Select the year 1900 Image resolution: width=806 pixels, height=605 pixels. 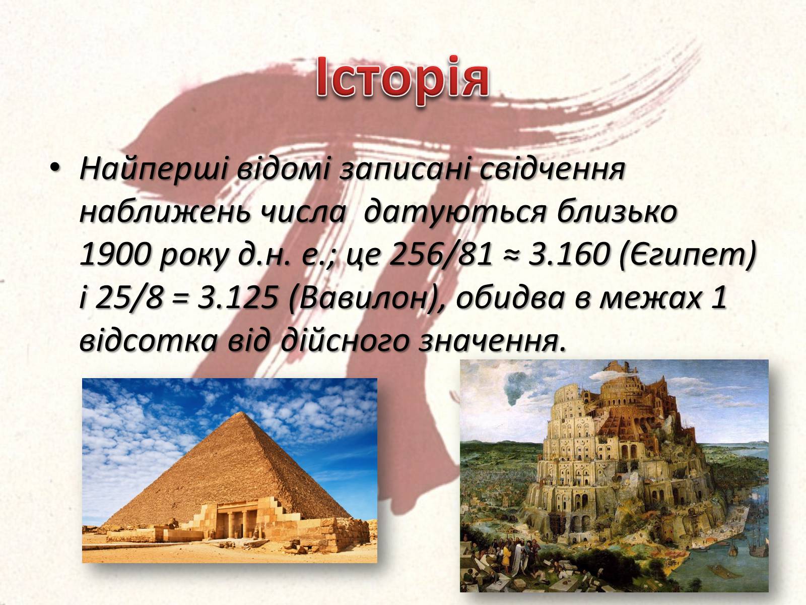coord(114,255)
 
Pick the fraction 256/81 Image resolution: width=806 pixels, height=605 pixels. coord(440,255)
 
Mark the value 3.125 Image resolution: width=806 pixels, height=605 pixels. coord(237,297)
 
